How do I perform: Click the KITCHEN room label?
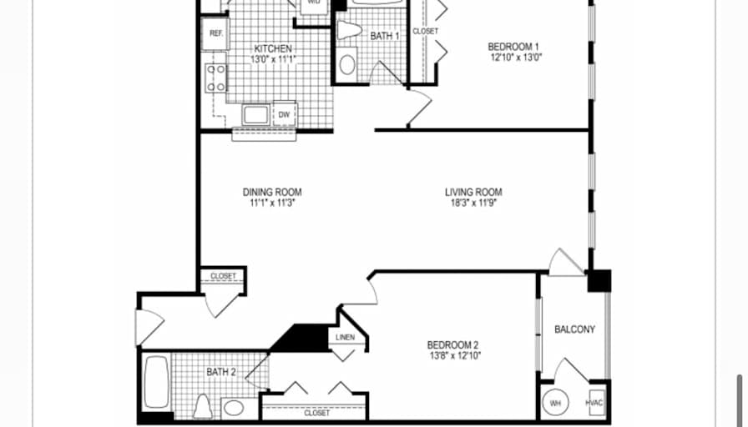[x=273, y=48]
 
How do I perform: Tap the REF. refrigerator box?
[x=215, y=33]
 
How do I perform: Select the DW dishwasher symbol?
[x=285, y=115]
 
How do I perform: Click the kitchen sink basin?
[x=255, y=115]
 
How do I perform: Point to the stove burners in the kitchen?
[x=216, y=78]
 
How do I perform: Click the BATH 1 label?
[x=385, y=36]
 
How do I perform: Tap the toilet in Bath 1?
[x=350, y=30]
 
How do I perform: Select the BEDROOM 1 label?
[x=513, y=47]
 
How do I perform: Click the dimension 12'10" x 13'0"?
[x=517, y=58]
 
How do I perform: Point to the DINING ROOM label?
[x=272, y=192]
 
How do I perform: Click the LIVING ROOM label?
[x=473, y=192]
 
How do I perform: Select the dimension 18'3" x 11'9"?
[x=474, y=203]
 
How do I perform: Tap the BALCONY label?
[x=575, y=329]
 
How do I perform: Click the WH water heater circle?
[x=555, y=403]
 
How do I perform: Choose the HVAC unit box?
[x=594, y=403]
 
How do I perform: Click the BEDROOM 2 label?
[x=452, y=344]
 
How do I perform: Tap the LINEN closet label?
[x=345, y=338]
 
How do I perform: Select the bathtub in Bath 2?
[x=156, y=382]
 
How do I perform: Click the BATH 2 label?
[x=221, y=372]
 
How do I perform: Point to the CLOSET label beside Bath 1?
[x=425, y=32]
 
